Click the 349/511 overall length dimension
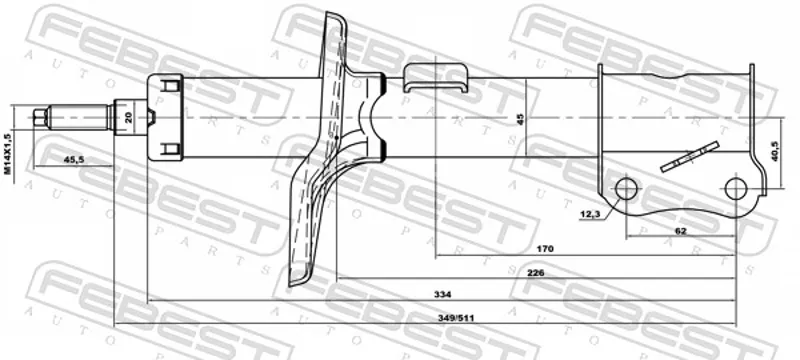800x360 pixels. (457, 318)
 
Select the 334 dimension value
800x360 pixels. (442, 295)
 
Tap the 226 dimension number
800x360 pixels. (536, 273)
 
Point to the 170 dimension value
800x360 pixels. (545, 249)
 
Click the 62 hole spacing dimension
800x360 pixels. (681, 231)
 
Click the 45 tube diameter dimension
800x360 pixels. (520, 119)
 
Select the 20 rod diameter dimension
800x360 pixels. (128, 118)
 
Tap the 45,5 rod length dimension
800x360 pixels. (74, 160)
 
